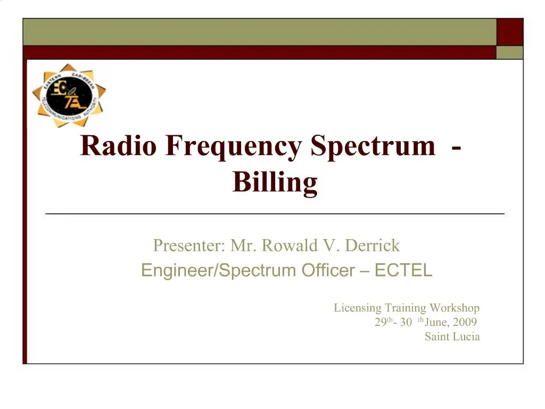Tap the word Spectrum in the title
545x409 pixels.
point(373,146)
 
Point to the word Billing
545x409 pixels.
point(275,182)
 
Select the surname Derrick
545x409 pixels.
point(373,246)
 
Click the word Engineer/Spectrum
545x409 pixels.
point(218,271)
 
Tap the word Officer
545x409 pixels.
point(328,271)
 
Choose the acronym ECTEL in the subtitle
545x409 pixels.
point(403,271)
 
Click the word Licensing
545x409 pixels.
point(358,308)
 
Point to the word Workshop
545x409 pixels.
point(455,308)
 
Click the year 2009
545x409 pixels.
point(465,322)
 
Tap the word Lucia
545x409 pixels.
point(466,337)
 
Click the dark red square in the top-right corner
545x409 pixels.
point(510,32)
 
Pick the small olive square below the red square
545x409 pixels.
point(510,52)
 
